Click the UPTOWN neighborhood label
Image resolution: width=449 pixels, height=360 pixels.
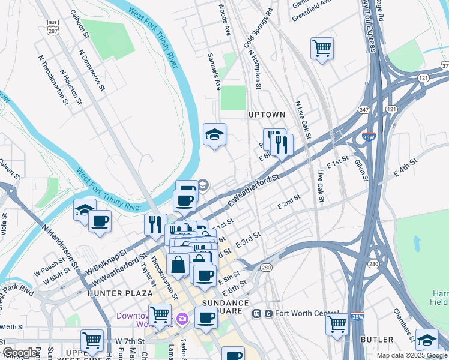(267, 114)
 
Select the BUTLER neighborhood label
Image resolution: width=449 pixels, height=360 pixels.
(377, 340)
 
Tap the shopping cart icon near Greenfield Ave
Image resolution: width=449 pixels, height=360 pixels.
(322, 48)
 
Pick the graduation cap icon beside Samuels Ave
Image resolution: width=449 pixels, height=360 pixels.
(214, 134)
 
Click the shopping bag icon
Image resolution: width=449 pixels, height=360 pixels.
(178, 263)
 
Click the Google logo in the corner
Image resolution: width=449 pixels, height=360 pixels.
(19, 353)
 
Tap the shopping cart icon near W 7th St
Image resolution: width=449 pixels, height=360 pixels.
(92, 340)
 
